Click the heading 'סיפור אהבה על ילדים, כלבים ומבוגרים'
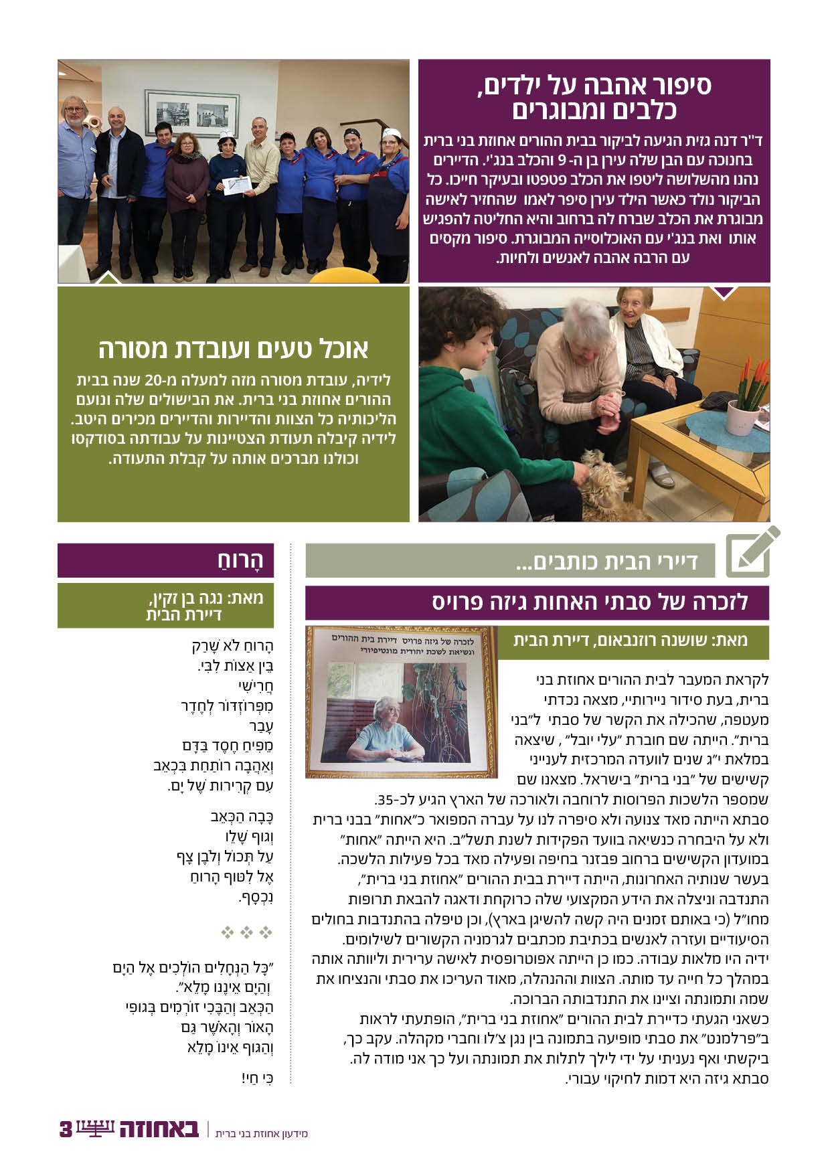coord(594,97)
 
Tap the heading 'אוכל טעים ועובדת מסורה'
coord(234,349)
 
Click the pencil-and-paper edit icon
coord(752,553)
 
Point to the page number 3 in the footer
coord(66,1129)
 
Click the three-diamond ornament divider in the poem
coord(246,932)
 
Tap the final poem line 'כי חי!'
coord(258,1078)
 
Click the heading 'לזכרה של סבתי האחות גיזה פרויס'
coord(589,602)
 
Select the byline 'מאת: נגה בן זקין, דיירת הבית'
coord(204,606)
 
